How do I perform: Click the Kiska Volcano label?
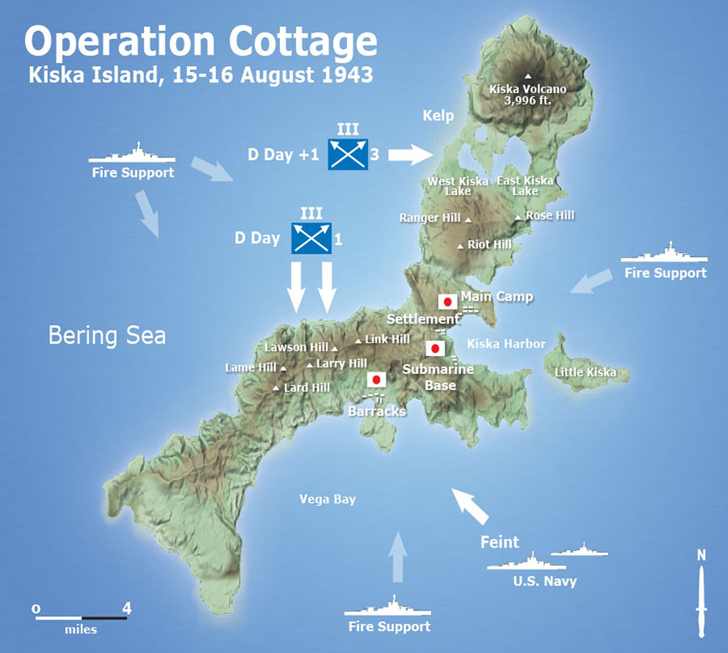[x=527, y=89]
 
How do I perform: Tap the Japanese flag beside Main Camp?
[x=446, y=300]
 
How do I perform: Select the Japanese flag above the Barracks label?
[x=376, y=380]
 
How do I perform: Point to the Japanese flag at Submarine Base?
[x=435, y=349]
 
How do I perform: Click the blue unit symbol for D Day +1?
[x=348, y=153]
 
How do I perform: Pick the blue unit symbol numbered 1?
[x=311, y=238]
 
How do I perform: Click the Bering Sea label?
[x=107, y=335]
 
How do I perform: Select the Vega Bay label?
[x=327, y=499]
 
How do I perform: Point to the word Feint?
[x=499, y=541]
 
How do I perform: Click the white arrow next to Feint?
[x=472, y=506]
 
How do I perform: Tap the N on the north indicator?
[x=701, y=556]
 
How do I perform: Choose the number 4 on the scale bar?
[x=126, y=607]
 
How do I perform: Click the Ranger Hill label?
[x=430, y=218]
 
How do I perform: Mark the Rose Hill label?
[x=549, y=215]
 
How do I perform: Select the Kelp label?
[x=437, y=116]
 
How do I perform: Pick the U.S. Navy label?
[x=544, y=581]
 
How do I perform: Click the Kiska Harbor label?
[x=506, y=344]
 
